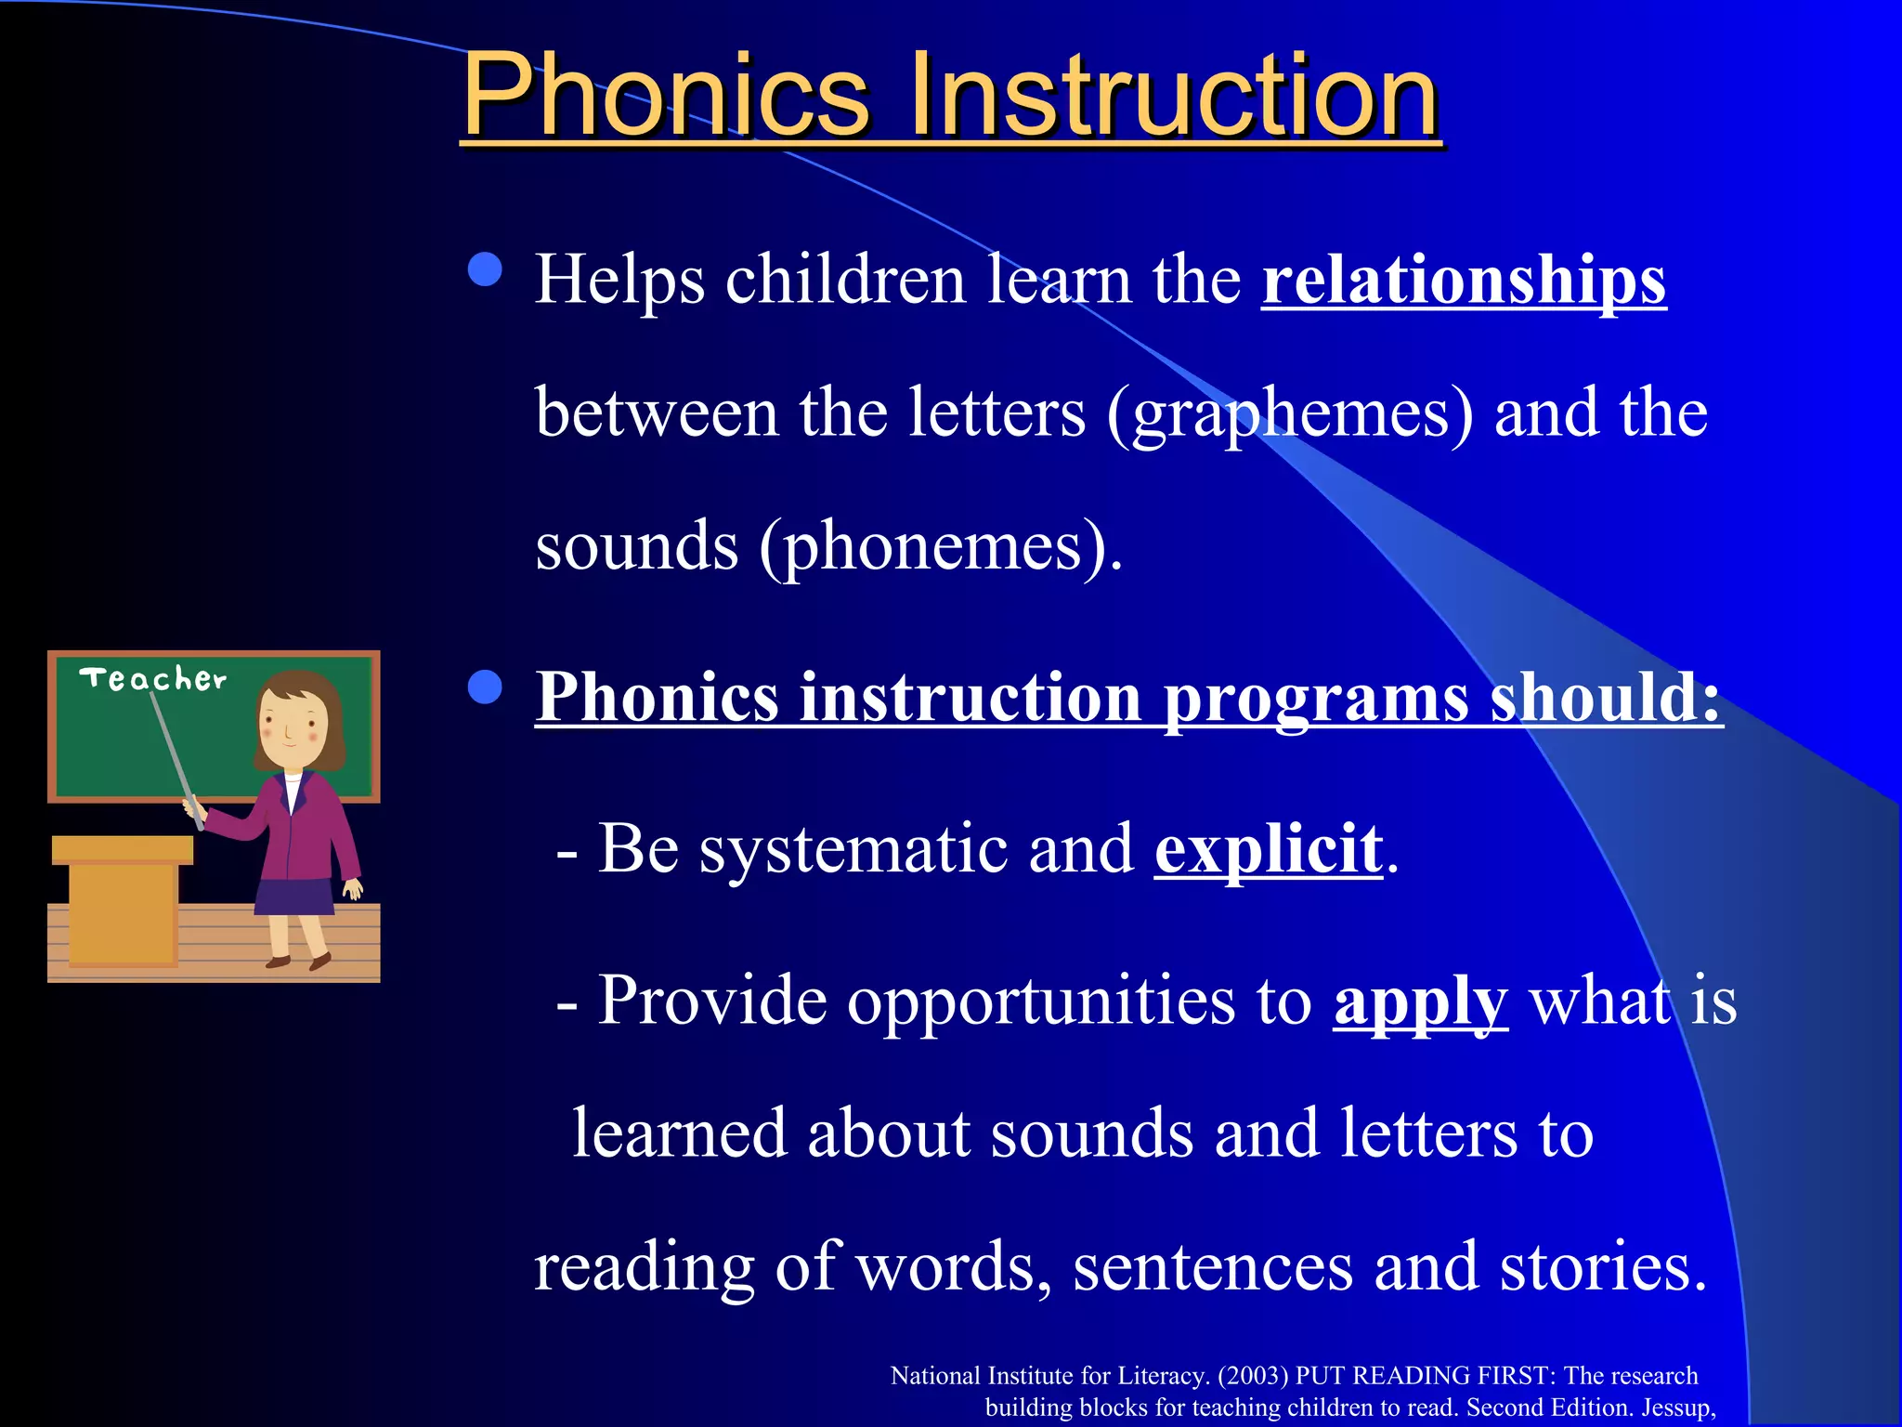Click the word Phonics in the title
click(x=665, y=96)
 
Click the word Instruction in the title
click(x=1174, y=96)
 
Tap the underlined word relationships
click(x=1464, y=281)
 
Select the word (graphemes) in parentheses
click(x=1289, y=413)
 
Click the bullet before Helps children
click(x=485, y=270)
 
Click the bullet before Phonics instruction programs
click(x=485, y=688)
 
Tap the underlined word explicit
click(x=1269, y=848)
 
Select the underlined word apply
click(x=1420, y=1002)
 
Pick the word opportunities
click(x=1041, y=1002)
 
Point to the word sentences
click(x=1212, y=1266)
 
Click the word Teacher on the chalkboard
click(x=153, y=679)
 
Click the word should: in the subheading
click(x=1606, y=697)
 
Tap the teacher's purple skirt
click(x=294, y=897)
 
